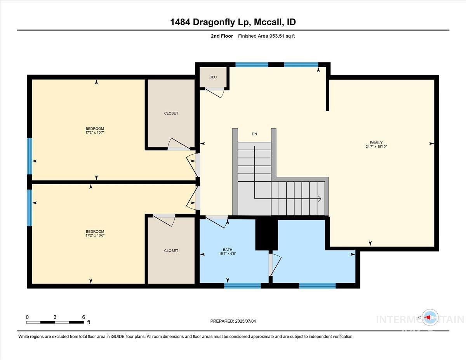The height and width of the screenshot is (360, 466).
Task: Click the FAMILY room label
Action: click(376, 143)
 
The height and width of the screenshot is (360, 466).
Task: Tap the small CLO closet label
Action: click(213, 77)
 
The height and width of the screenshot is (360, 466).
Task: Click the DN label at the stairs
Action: click(254, 134)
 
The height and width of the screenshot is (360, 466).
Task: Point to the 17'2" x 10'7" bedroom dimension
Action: click(95, 133)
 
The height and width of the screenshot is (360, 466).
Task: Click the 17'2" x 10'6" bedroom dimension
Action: click(95, 236)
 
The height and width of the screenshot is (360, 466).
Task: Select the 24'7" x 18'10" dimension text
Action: click(376, 147)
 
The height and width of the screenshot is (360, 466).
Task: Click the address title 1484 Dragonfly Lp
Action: click(233, 22)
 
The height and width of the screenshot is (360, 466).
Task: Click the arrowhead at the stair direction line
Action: click(319, 199)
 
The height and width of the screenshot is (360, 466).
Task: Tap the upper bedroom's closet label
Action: click(171, 113)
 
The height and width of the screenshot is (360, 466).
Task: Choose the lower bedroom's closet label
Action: click(171, 250)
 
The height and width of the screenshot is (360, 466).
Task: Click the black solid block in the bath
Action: click(266, 233)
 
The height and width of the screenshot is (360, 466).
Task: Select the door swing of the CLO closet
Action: click(215, 92)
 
